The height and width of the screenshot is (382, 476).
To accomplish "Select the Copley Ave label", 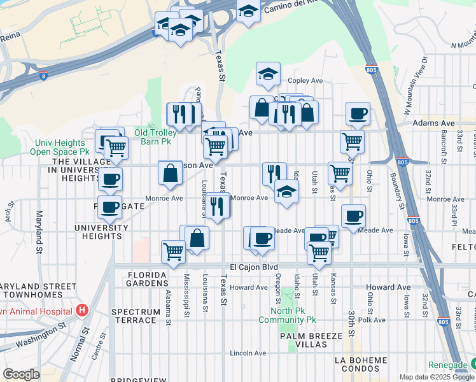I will (x=305, y=81).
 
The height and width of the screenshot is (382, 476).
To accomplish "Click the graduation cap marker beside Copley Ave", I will (x=269, y=74).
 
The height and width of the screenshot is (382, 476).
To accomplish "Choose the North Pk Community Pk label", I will (x=287, y=315).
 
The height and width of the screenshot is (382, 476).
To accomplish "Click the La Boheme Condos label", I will (x=360, y=365).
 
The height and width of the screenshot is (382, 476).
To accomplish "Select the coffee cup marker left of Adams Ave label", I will (x=358, y=114).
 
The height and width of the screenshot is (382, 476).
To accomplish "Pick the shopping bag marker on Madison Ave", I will (x=171, y=173).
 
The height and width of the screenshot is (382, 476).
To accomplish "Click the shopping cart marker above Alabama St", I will (x=173, y=252).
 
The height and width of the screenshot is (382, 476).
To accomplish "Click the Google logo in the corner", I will (x=21, y=374).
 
